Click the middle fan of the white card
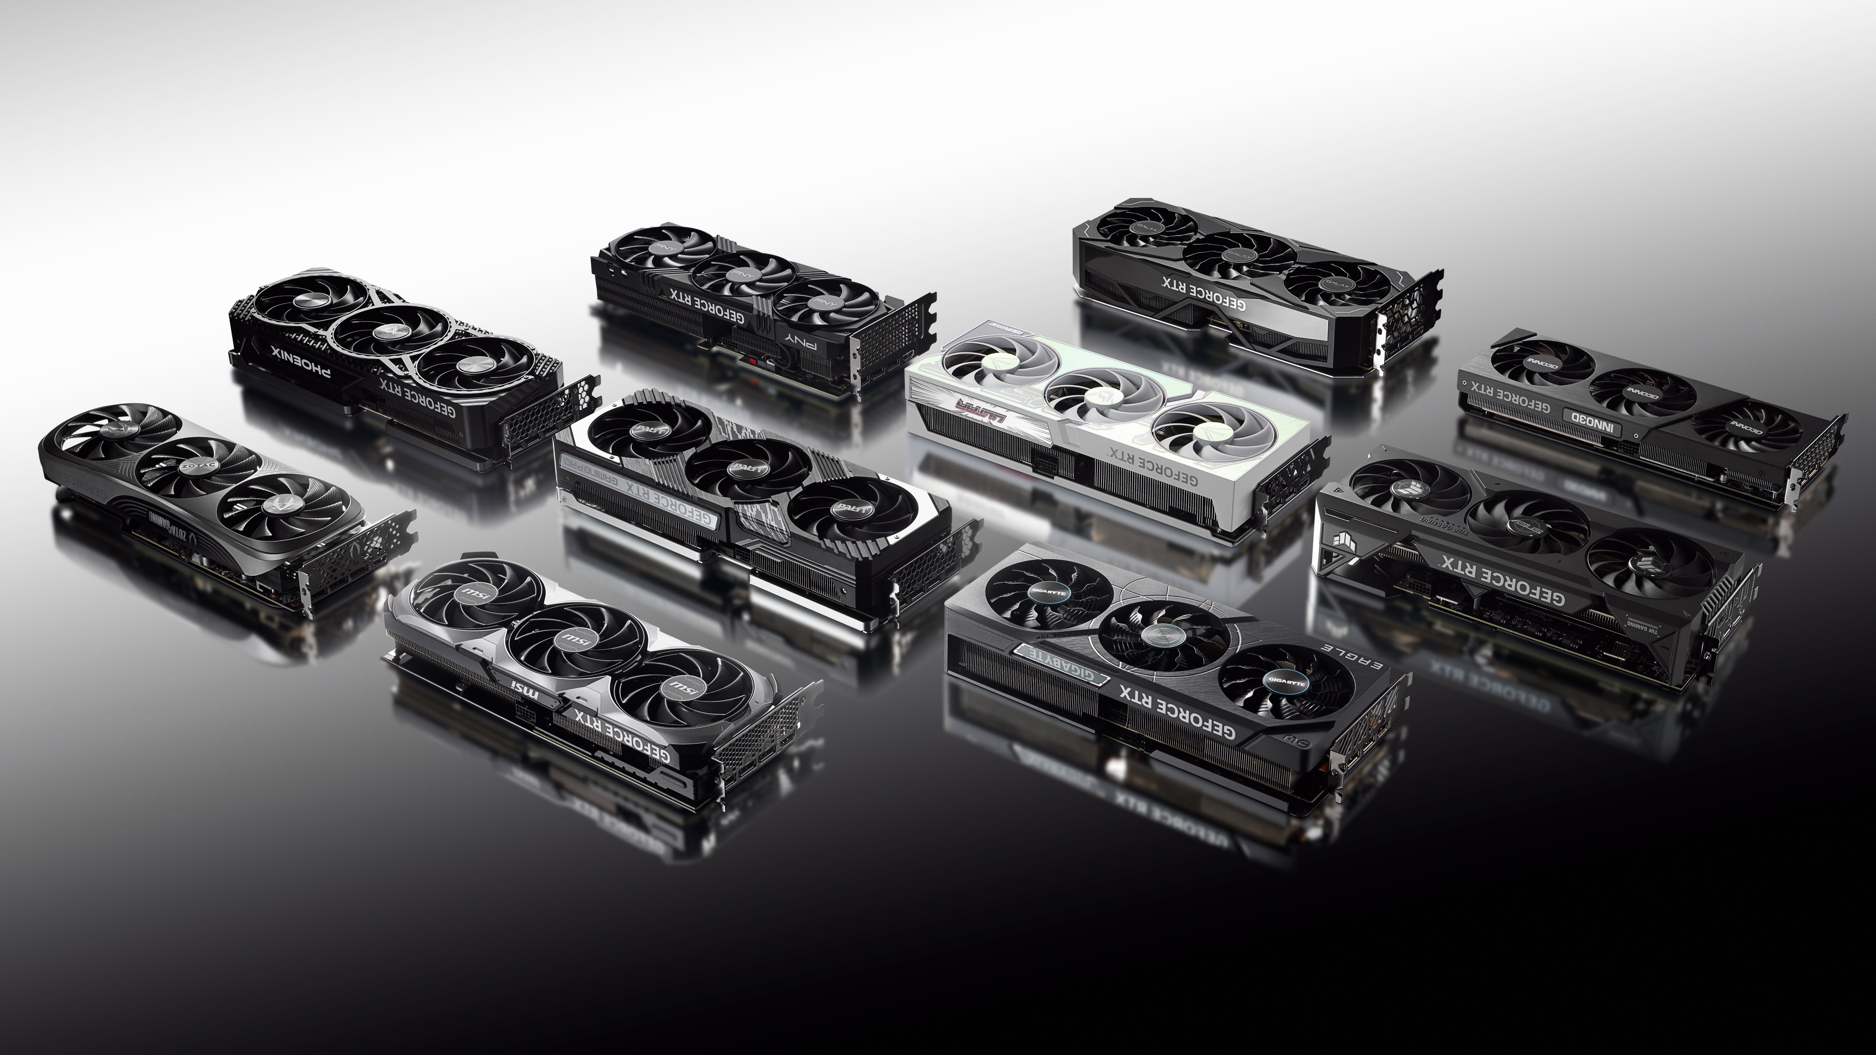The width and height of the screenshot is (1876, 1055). click(x=1098, y=396)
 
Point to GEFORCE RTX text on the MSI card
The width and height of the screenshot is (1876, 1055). click(x=625, y=735)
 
